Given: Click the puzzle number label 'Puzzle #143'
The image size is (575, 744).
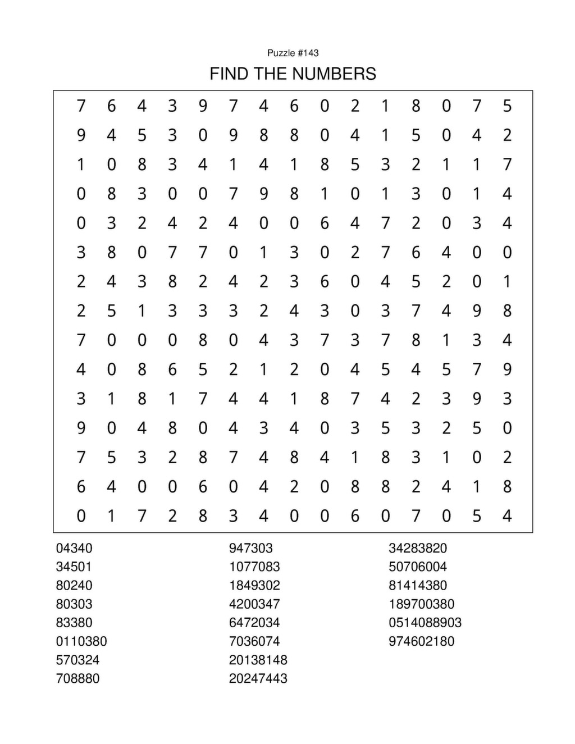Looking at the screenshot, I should [293, 53].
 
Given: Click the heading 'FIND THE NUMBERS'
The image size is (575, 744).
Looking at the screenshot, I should [293, 74].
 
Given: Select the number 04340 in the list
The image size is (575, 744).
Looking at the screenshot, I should [74, 548].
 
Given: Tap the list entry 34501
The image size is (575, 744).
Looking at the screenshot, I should [74, 567].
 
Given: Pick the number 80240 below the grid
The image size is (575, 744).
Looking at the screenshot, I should [74, 585].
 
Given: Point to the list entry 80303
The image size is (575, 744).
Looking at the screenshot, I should [74, 604].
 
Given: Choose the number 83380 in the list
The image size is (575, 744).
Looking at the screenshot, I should [74, 623].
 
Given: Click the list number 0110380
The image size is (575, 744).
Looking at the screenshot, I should [81, 641].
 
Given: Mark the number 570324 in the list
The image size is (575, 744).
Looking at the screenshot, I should [77, 660].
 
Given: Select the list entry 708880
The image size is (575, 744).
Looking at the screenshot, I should [77, 678].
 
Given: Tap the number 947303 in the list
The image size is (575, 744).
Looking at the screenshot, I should [250, 548].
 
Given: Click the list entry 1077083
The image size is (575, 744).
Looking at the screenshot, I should [254, 567].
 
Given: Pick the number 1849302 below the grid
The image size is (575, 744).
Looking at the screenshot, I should [254, 585].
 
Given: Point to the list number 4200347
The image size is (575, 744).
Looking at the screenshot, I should [254, 604].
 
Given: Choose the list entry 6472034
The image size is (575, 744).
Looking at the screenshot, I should [254, 623].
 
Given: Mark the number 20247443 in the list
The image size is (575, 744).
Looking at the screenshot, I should [258, 678].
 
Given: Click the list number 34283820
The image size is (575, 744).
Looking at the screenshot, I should [418, 548].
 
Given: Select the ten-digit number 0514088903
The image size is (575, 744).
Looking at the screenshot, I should [425, 623].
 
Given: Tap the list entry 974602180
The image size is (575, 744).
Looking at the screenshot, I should [421, 641].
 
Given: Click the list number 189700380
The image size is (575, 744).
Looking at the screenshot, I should [421, 604].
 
